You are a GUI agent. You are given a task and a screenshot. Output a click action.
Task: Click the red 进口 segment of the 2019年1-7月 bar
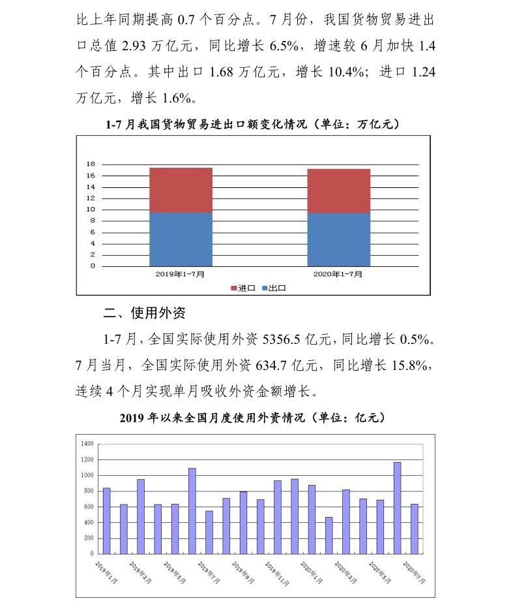[181, 190]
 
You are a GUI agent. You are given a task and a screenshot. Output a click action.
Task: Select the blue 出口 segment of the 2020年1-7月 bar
[338, 239]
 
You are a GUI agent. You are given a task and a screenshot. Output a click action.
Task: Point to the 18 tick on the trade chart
[92, 164]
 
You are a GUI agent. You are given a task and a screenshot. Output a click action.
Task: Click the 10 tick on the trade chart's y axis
[92, 209]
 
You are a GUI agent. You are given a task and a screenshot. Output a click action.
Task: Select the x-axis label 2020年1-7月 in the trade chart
[338, 274]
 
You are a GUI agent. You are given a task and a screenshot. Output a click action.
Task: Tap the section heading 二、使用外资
[144, 313]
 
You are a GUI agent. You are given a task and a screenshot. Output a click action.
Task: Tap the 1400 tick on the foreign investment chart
[87, 444]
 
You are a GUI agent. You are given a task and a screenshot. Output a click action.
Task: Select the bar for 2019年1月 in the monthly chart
[106, 521]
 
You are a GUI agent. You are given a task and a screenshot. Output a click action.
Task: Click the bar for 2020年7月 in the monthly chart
[415, 529]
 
